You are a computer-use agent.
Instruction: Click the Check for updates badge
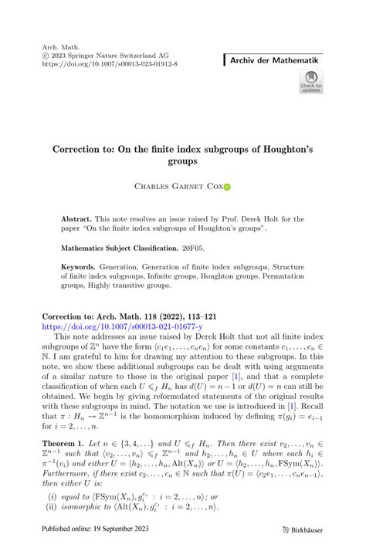312,82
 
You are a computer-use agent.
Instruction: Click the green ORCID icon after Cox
228,187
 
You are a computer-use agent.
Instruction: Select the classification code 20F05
194,248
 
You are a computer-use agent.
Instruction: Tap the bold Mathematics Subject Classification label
119,248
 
